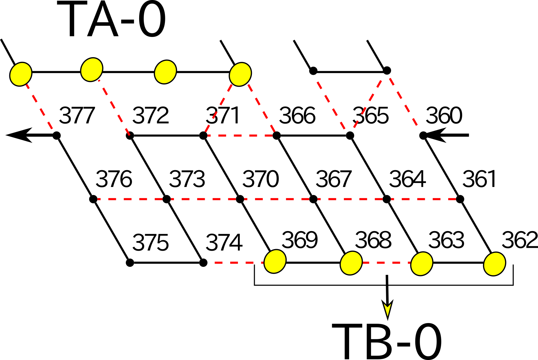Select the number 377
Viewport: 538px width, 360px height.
pyautogui.click(x=77, y=116)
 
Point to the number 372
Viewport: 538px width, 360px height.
pyautogui.click(x=151, y=116)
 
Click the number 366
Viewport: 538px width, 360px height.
pyautogui.click(x=297, y=116)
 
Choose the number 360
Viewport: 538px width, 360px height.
pyautogui.click(x=444, y=116)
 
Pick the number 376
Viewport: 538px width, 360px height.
pyautogui.click(x=114, y=179)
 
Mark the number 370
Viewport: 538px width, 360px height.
pyautogui.click(x=261, y=179)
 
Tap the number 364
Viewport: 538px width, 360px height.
pyautogui.click(x=407, y=179)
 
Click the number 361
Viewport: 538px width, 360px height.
pyautogui.click(x=480, y=179)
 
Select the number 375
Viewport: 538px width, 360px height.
pyautogui.click(x=151, y=243)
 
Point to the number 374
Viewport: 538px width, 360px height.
pyautogui.click(x=224, y=243)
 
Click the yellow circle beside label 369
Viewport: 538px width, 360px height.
pyautogui.click(x=275, y=261)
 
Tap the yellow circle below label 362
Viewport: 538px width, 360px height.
pyautogui.click(x=495, y=264)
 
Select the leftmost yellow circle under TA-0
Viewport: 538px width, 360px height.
pyautogui.click(x=21, y=74)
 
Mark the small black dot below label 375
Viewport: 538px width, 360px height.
pyautogui.click(x=130, y=263)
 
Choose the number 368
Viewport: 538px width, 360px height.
pyautogui.click(x=373, y=240)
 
